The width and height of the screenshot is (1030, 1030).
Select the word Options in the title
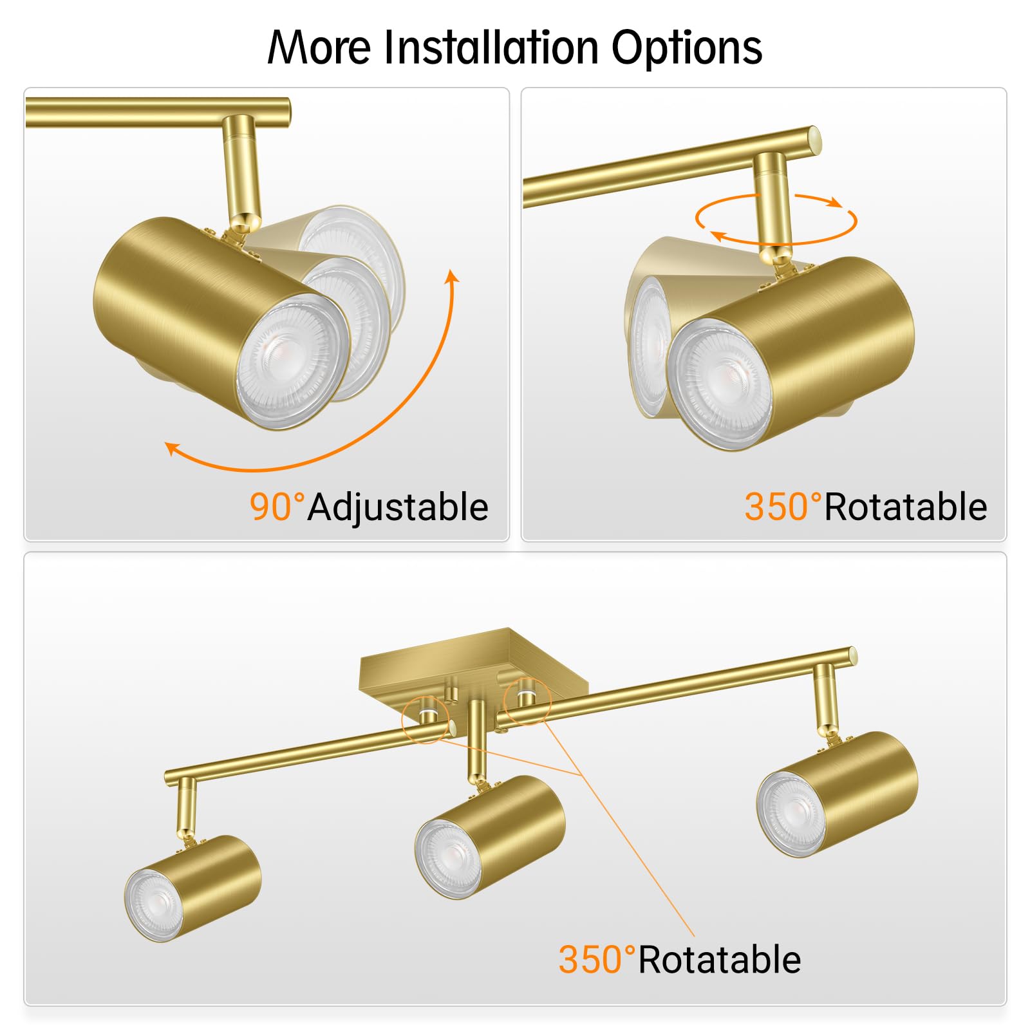(686, 48)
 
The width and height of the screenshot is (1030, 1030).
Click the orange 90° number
(277, 507)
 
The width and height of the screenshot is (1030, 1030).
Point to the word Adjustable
(398, 507)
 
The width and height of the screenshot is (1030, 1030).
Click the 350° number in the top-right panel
(783, 507)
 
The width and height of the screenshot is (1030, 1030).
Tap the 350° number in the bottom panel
(597, 960)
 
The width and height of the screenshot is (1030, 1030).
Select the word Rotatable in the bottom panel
(719, 960)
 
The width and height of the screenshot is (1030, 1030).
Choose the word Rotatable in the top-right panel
(905, 507)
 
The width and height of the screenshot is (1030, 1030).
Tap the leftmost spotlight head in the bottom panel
(192, 888)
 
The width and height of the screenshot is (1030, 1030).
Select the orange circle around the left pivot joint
(426, 719)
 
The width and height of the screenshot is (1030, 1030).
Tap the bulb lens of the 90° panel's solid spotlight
(291, 362)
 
